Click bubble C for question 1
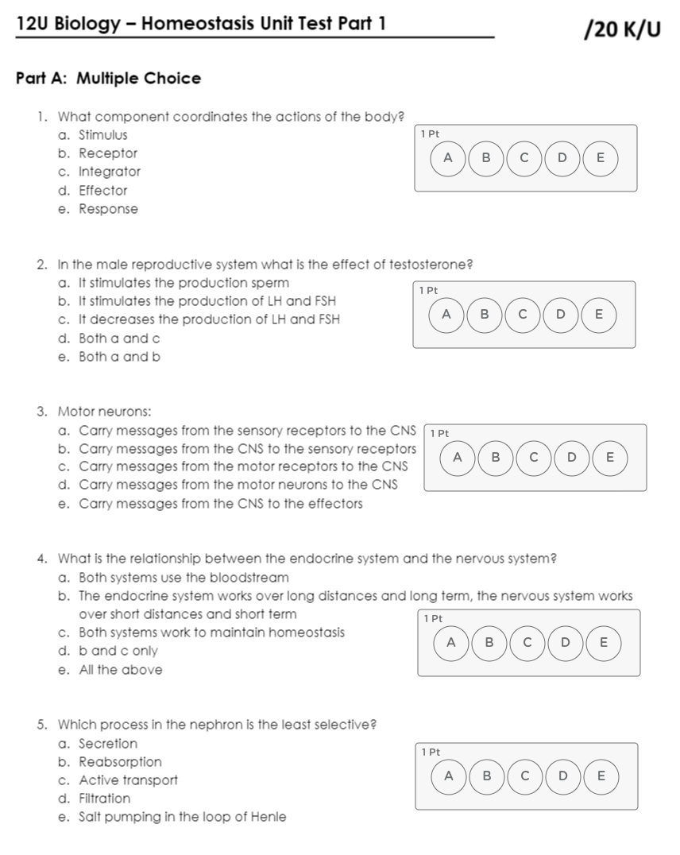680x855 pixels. point(524,157)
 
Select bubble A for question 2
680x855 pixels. point(446,314)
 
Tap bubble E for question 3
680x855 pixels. point(609,457)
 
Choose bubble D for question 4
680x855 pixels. point(566,642)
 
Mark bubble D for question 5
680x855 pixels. point(562,776)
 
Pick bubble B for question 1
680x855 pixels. point(486,157)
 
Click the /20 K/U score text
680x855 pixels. point(622,29)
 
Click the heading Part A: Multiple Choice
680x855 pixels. point(108,79)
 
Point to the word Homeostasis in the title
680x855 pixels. point(198,24)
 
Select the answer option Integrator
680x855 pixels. point(110,172)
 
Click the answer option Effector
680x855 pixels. point(102,191)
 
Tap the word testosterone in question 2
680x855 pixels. point(428,265)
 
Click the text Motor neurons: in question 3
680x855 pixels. point(105,412)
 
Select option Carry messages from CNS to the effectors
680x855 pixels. point(220,504)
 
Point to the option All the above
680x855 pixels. point(120,670)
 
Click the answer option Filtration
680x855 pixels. point(104,799)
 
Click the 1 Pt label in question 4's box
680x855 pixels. point(433,618)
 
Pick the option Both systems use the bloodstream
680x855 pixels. point(184,578)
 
